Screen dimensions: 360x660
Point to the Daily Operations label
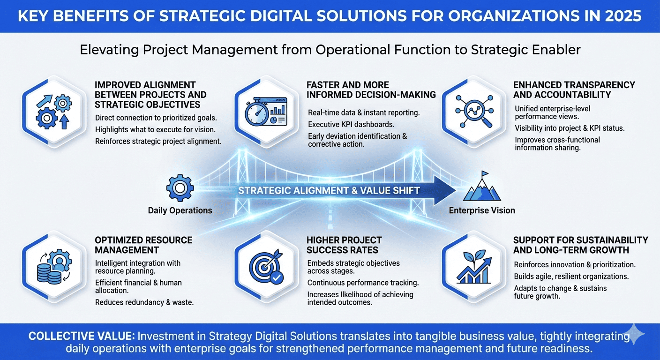[x=180, y=210]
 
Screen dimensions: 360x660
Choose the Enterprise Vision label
[x=482, y=210]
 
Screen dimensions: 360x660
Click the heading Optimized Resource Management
[x=143, y=245]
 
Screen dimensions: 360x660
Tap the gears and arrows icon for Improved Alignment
[x=53, y=112]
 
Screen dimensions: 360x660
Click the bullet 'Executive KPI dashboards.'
[x=351, y=124]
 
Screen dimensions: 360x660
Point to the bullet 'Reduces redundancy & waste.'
[x=144, y=302]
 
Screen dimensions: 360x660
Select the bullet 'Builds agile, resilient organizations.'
[x=571, y=277]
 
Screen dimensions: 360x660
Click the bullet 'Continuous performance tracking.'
[x=363, y=283]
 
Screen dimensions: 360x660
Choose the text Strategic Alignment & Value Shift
[x=329, y=190]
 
